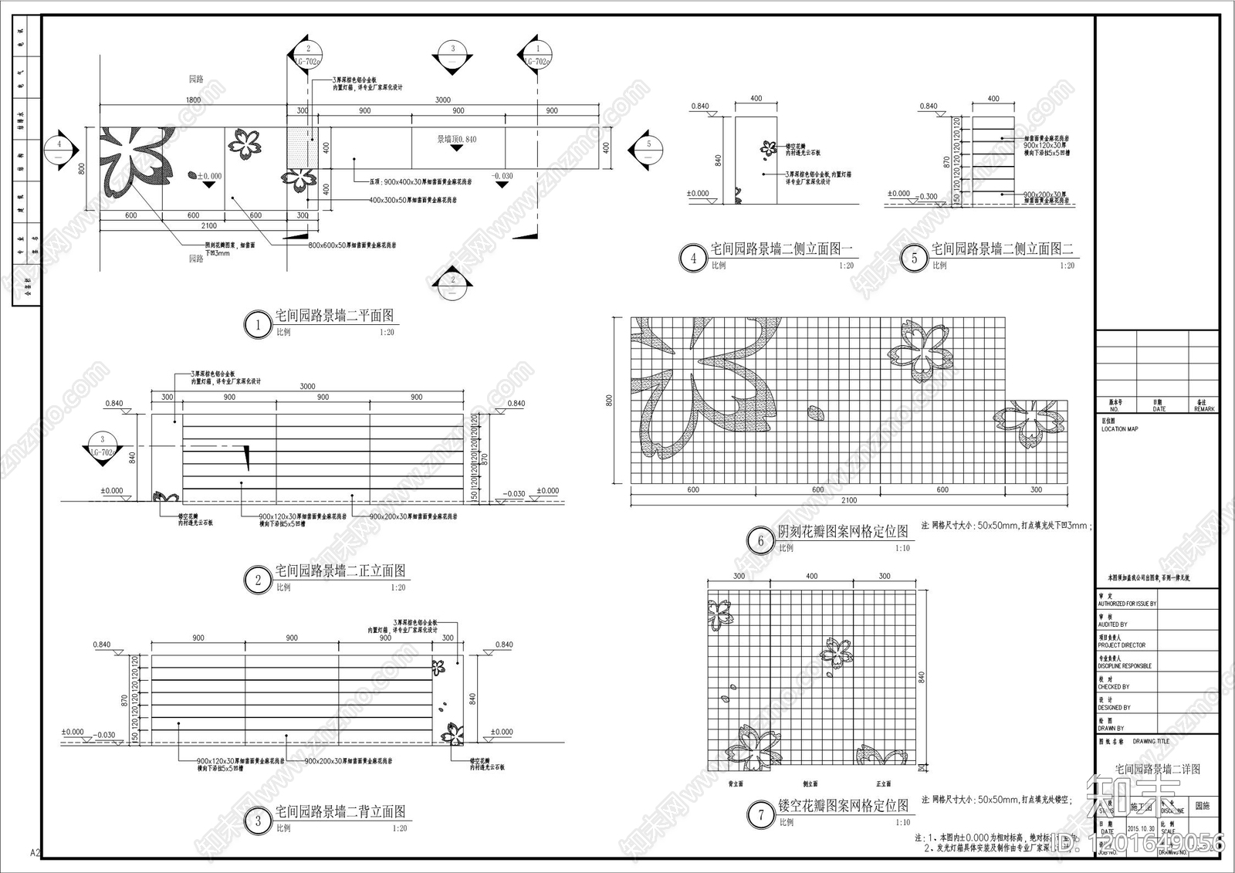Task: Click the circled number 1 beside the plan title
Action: coord(258,325)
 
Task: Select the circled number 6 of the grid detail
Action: coord(760,541)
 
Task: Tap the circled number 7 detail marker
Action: coord(761,814)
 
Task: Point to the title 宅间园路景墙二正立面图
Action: coord(340,571)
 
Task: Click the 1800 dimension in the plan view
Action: coord(193,100)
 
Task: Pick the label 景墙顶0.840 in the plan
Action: coord(457,140)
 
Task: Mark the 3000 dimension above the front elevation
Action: coord(307,387)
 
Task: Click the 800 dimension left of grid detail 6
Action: coord(609,401)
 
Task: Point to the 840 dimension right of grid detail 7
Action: coord(921,678)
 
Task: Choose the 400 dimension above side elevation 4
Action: coord(756,99)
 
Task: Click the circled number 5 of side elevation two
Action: coord(915,259)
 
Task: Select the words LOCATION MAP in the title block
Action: coord(1119,429)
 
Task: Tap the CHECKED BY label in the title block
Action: coord(1113,687)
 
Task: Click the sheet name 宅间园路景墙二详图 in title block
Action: coord(1157,770)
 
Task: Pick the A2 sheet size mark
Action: coord(35,853)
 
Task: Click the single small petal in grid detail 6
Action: coord(815,413)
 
